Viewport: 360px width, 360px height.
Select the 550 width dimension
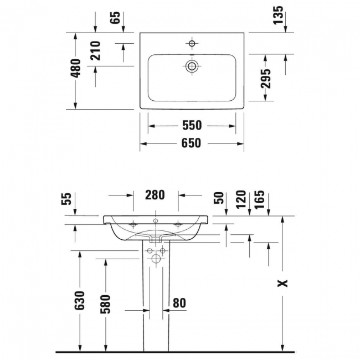[188, 126]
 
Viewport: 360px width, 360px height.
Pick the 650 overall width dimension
[191, 143]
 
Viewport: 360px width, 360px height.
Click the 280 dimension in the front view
[155, 195]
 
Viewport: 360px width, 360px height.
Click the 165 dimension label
[260, 199]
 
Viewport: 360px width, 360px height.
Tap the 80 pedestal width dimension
[179, 303]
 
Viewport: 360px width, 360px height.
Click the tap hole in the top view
[192, 43]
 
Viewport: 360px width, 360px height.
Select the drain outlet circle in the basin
[192, 66]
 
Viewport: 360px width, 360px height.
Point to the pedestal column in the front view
[156, 299]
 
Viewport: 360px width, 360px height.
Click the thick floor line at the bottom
[177, 352]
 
